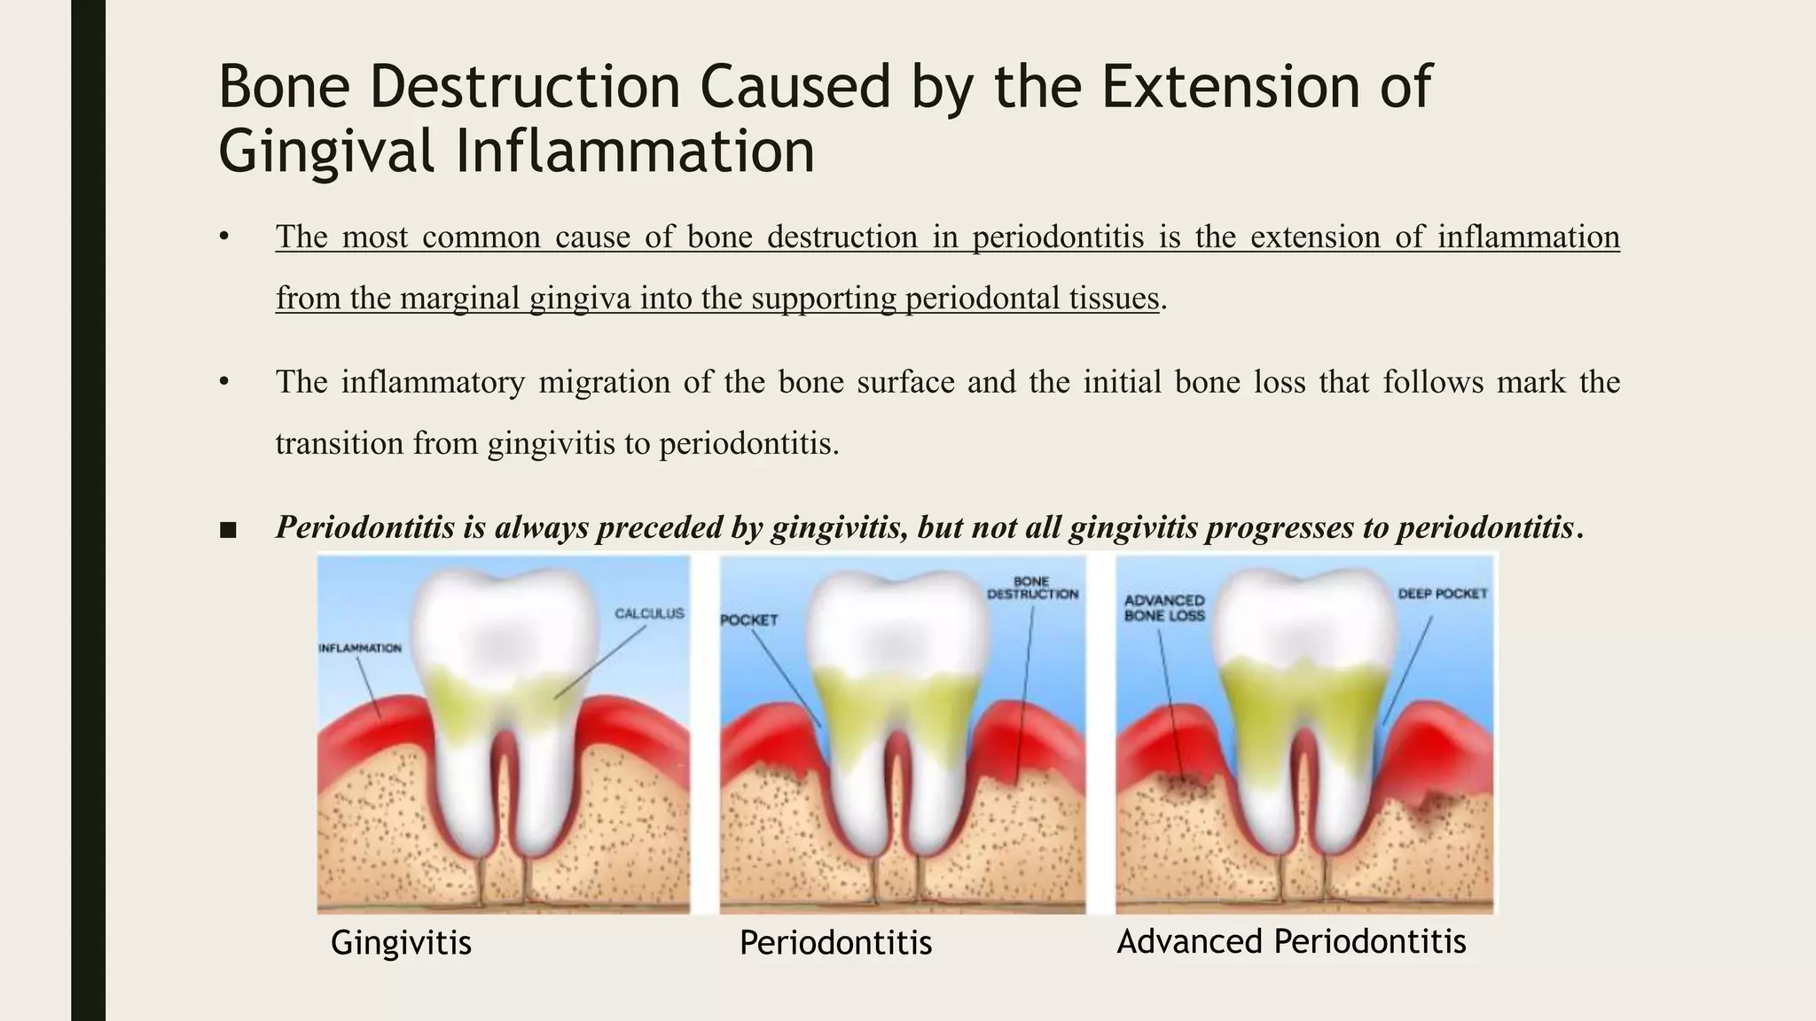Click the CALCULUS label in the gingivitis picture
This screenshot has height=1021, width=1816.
649,613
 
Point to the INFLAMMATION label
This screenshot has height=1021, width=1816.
360,648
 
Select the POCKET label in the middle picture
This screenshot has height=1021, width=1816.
749,620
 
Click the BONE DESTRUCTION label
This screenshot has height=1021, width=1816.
1032,588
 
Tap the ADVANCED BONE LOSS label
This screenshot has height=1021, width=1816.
1164,608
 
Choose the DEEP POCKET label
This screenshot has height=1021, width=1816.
1442,594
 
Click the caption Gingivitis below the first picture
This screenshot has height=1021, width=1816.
401,942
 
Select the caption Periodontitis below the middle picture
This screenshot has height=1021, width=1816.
835,942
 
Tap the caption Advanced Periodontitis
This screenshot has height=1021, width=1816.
1291,941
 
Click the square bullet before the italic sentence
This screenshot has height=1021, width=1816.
228,530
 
